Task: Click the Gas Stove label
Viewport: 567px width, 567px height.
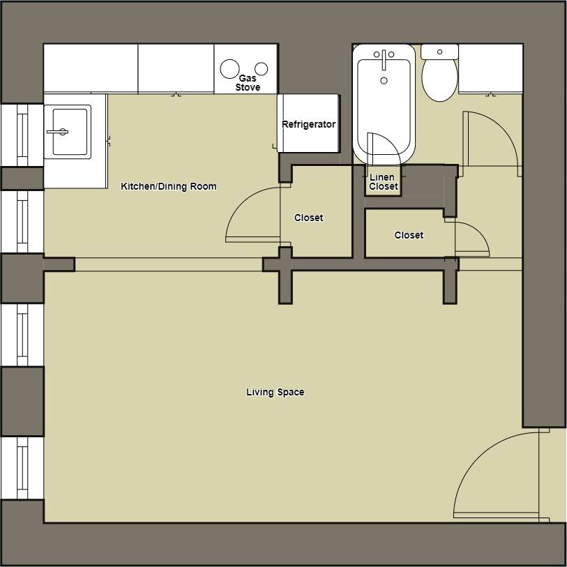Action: [248, 83]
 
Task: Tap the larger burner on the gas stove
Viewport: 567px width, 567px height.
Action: [229, 68]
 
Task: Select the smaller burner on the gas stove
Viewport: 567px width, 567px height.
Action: [262, 68]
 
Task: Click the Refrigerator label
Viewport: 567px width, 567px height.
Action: [308, 125]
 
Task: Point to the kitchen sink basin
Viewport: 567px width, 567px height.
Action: [68, 130]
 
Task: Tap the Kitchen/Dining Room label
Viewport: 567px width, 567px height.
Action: [169, 187]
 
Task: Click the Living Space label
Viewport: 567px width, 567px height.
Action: [275, 393]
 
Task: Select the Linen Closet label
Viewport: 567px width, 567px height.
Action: [383, 182]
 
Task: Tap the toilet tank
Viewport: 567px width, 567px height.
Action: [439, 52]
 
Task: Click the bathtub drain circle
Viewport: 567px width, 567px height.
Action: [384, 82]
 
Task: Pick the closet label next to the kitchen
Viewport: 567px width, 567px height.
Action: [308, 218]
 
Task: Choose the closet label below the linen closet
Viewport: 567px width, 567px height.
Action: [409, 236]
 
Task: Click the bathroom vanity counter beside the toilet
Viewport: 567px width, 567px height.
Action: [490, 68]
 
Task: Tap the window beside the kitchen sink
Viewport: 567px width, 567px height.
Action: [21, 135]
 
